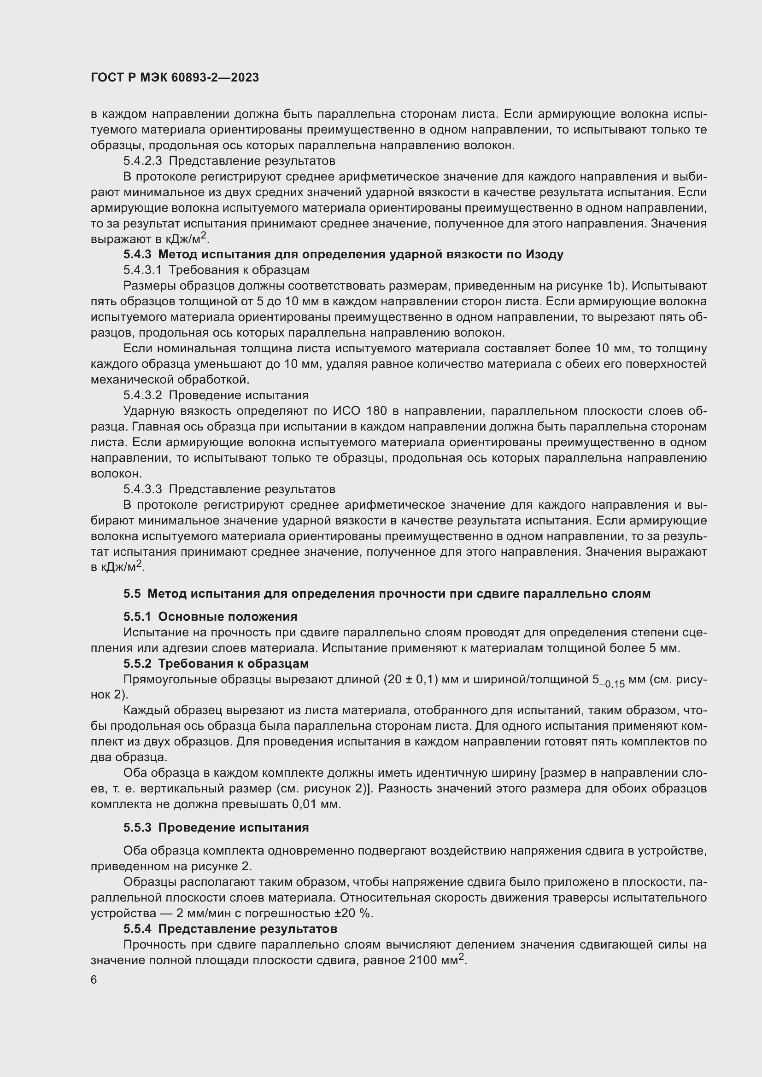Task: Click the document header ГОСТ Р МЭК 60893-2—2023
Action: click(175, 78)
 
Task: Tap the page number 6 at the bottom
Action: click(94, 980)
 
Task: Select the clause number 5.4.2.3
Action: click(142, 161)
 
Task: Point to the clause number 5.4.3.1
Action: click(142, 270)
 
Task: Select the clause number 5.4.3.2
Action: click(142, 395)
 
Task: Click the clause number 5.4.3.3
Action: click(142, 489)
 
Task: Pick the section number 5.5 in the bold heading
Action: click(132, 594)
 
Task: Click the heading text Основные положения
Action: click(228, 617)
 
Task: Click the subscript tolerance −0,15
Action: click(612, 684)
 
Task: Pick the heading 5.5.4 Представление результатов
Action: click(230, 929)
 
